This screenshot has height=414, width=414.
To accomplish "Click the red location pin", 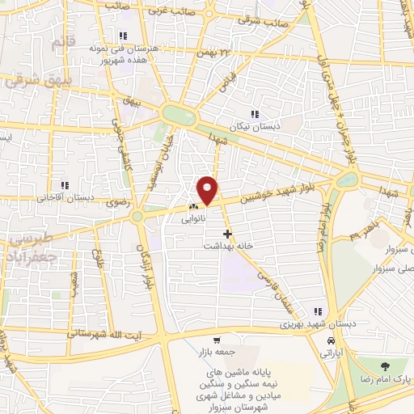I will tap(208, 189).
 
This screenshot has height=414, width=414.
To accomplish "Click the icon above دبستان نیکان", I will tap(255, 115).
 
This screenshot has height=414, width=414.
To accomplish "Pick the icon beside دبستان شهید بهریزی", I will tap(319, 312).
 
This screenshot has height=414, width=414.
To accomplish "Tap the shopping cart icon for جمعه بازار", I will tap(216, 340).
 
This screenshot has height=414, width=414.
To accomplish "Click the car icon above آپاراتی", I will tap(329, 341).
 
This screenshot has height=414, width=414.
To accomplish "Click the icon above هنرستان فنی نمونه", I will tap(122, 36).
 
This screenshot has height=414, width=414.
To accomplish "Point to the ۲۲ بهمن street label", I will tap(216, 51).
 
